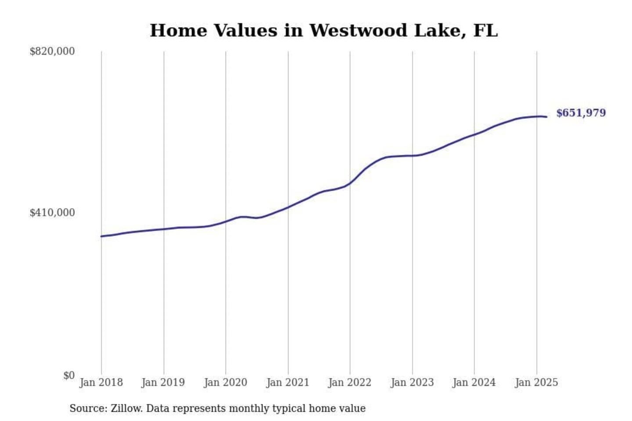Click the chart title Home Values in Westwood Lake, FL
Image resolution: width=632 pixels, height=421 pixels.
pos(323,31)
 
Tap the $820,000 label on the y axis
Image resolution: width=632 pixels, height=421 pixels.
pos(52,51)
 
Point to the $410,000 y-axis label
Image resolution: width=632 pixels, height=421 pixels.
pos(52,213)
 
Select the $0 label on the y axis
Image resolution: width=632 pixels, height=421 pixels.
pos(69,375)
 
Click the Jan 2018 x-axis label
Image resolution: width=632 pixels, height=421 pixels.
pos(101,382)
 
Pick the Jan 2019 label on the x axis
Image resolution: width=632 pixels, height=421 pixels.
pos(163,382)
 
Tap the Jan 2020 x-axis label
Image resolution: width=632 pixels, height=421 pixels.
pos(226,382)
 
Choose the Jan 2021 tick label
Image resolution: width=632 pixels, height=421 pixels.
pos(288,382)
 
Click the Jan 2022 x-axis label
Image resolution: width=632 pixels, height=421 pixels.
pos(350,382)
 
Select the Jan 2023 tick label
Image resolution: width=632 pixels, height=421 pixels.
pos(412,382)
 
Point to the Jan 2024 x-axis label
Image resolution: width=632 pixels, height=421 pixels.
pos(474,382)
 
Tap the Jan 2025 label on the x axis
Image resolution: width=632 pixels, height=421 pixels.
pos(536,382)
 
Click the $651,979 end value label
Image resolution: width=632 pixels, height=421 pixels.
pos(581,113)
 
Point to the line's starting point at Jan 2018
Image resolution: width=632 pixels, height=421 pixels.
pos(101,236)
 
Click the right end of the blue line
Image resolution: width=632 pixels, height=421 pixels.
pos(546,117)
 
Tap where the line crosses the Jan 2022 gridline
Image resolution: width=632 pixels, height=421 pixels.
pos(350,183)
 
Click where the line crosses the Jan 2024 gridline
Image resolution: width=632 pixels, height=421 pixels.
pos(474,134)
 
